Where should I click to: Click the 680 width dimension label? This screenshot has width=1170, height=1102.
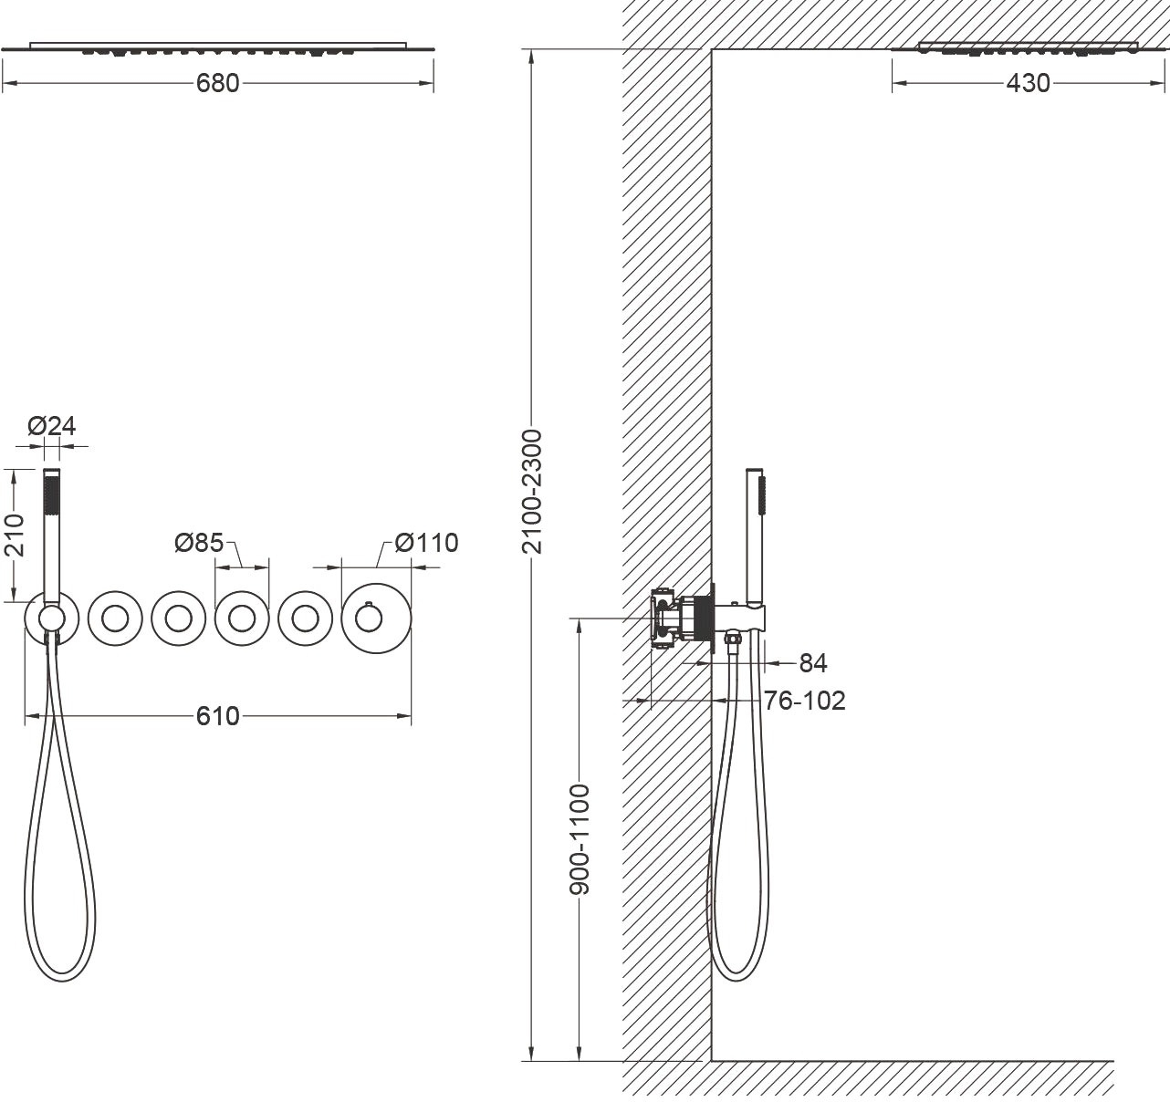218,84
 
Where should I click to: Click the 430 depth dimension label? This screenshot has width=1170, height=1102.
1028,84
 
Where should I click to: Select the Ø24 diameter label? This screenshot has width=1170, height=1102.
52,426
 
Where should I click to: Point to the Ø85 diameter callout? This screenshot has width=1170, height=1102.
199,543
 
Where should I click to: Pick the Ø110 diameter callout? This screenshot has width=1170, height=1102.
426,543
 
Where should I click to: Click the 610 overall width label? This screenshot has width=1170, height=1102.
218,716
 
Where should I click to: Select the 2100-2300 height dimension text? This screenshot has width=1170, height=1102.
533,492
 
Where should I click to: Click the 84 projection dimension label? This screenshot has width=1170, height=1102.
813,663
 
